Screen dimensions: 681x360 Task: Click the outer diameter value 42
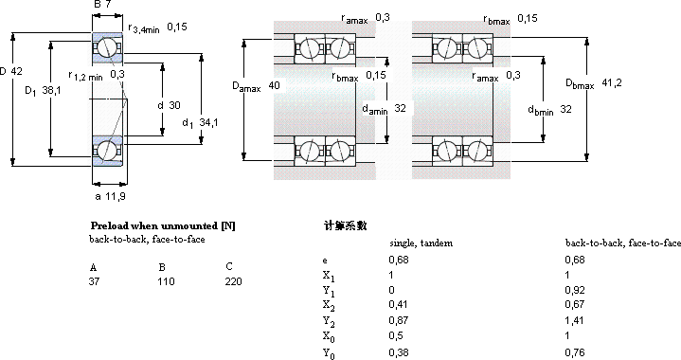(x=16, y=71)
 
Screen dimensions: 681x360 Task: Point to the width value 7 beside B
(x=108, y=5)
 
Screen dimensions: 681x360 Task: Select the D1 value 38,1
(x=52, y=90)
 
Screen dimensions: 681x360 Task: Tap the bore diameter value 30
(x=174, y=105)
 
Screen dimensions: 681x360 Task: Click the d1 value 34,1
(x=208, y=122)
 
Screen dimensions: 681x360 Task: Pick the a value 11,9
(x=116, y=196)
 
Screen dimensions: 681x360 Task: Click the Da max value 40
(x=274, y=85)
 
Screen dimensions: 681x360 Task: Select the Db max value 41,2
(x=612, y=82)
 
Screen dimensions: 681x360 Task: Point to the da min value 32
(x=400, y=108)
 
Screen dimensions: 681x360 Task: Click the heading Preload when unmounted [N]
(x=163, y=225)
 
